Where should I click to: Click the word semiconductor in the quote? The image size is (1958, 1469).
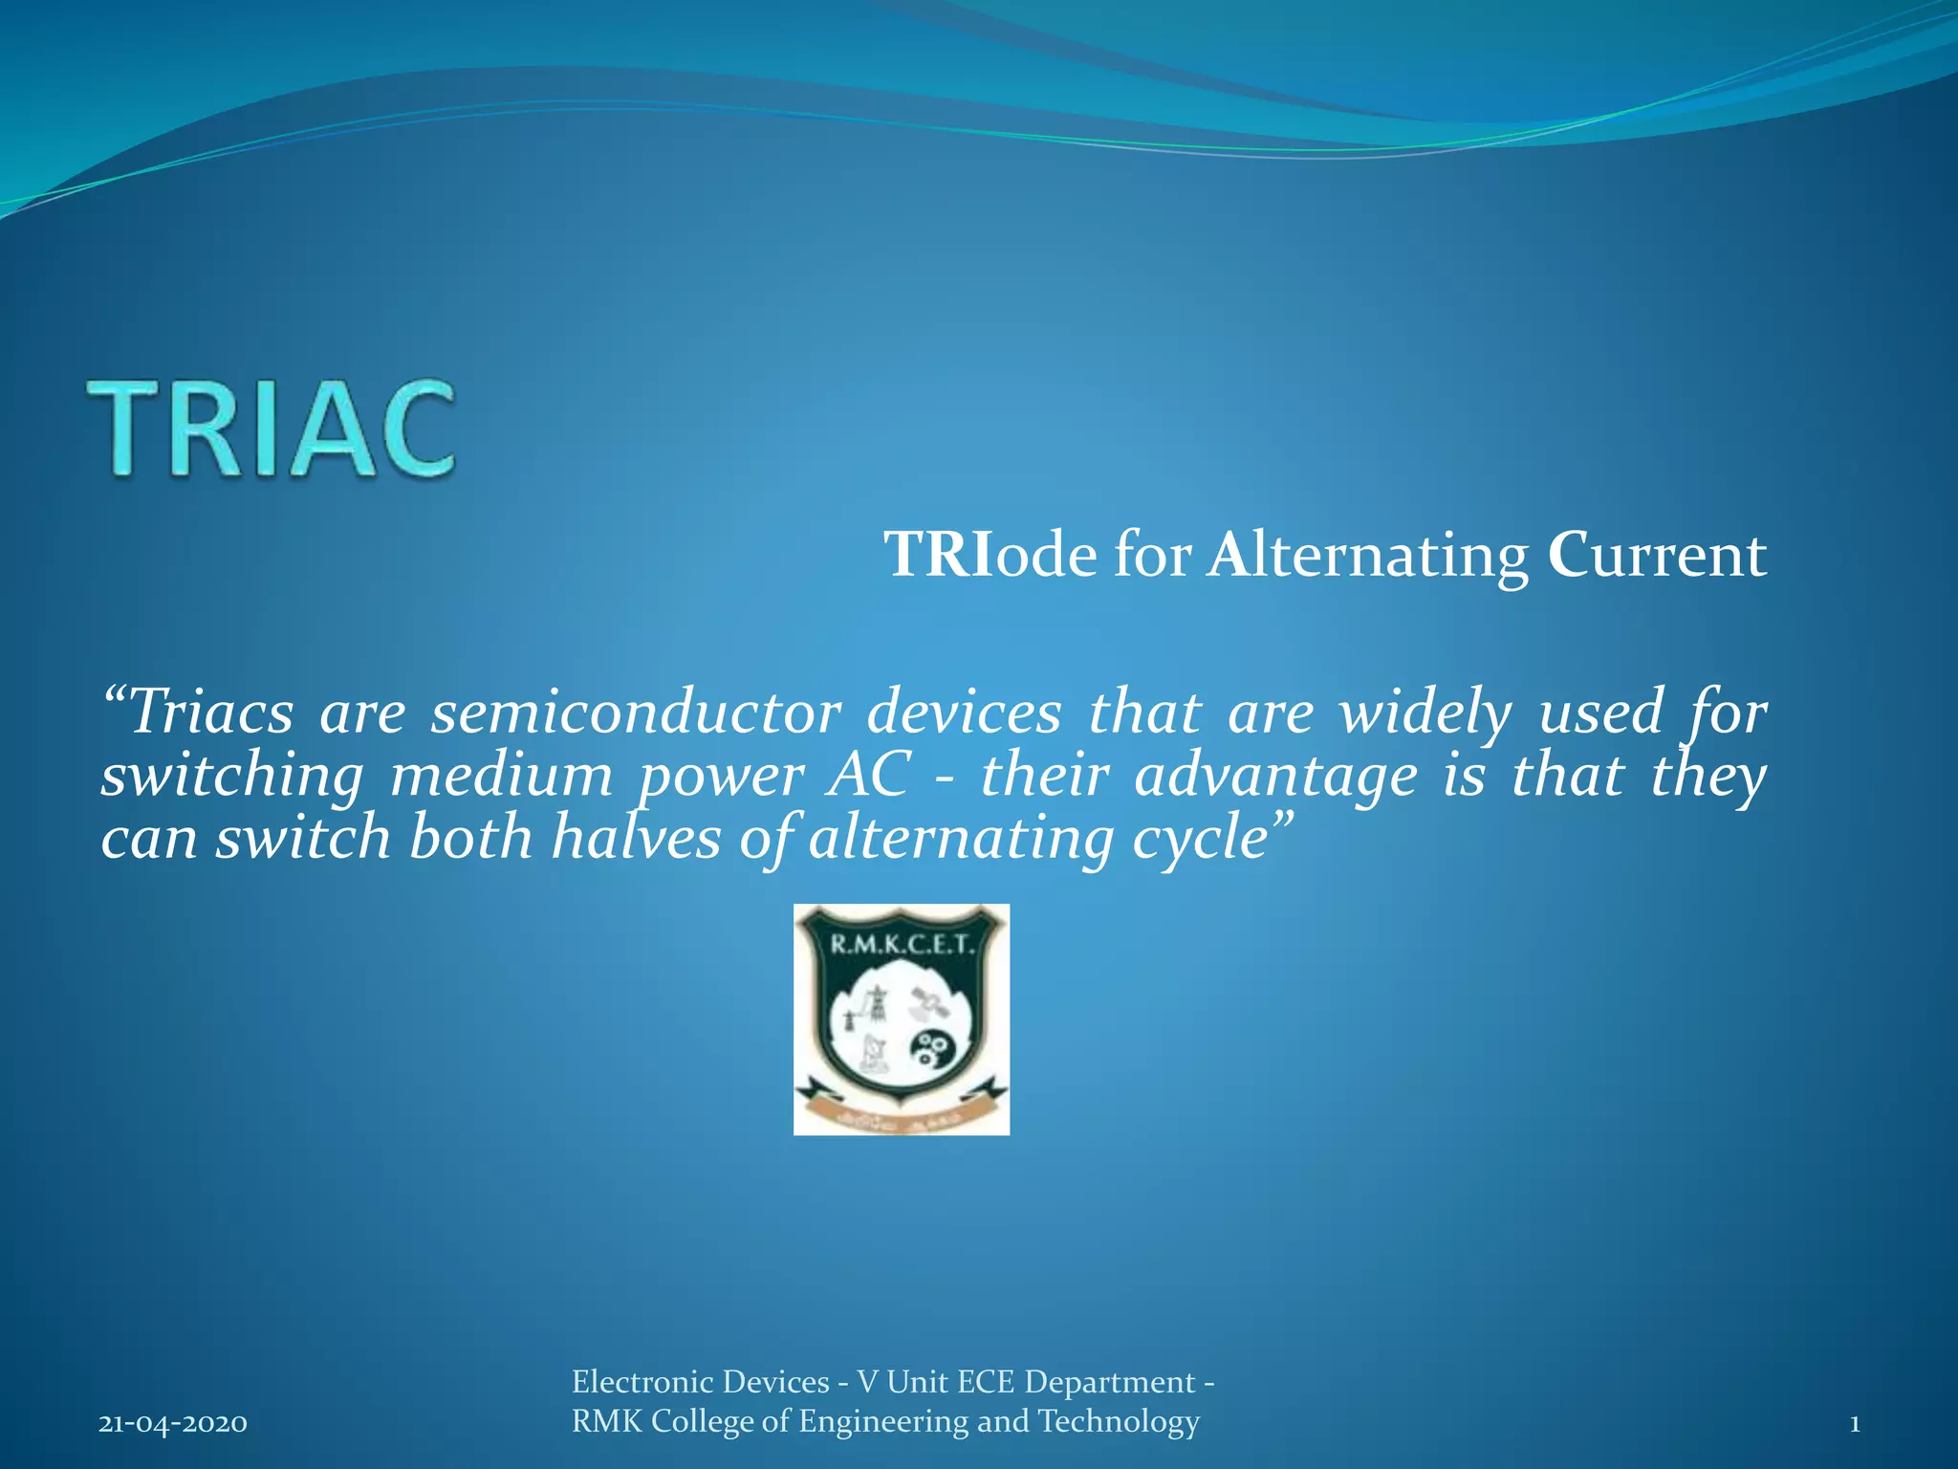click(x=636, y=713)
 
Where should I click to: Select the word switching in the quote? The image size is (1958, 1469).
click(x=232, y=777)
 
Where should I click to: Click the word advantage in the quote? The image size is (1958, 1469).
click(x=1275, y=777)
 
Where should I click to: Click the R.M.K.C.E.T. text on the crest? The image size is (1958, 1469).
click(x=901, y=946)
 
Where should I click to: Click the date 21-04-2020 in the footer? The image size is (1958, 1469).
click(x=173, y=1423)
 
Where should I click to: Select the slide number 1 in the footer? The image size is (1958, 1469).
click(x=1855, y=1423)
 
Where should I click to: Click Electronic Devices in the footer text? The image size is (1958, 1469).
click(x=700, y=1382)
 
